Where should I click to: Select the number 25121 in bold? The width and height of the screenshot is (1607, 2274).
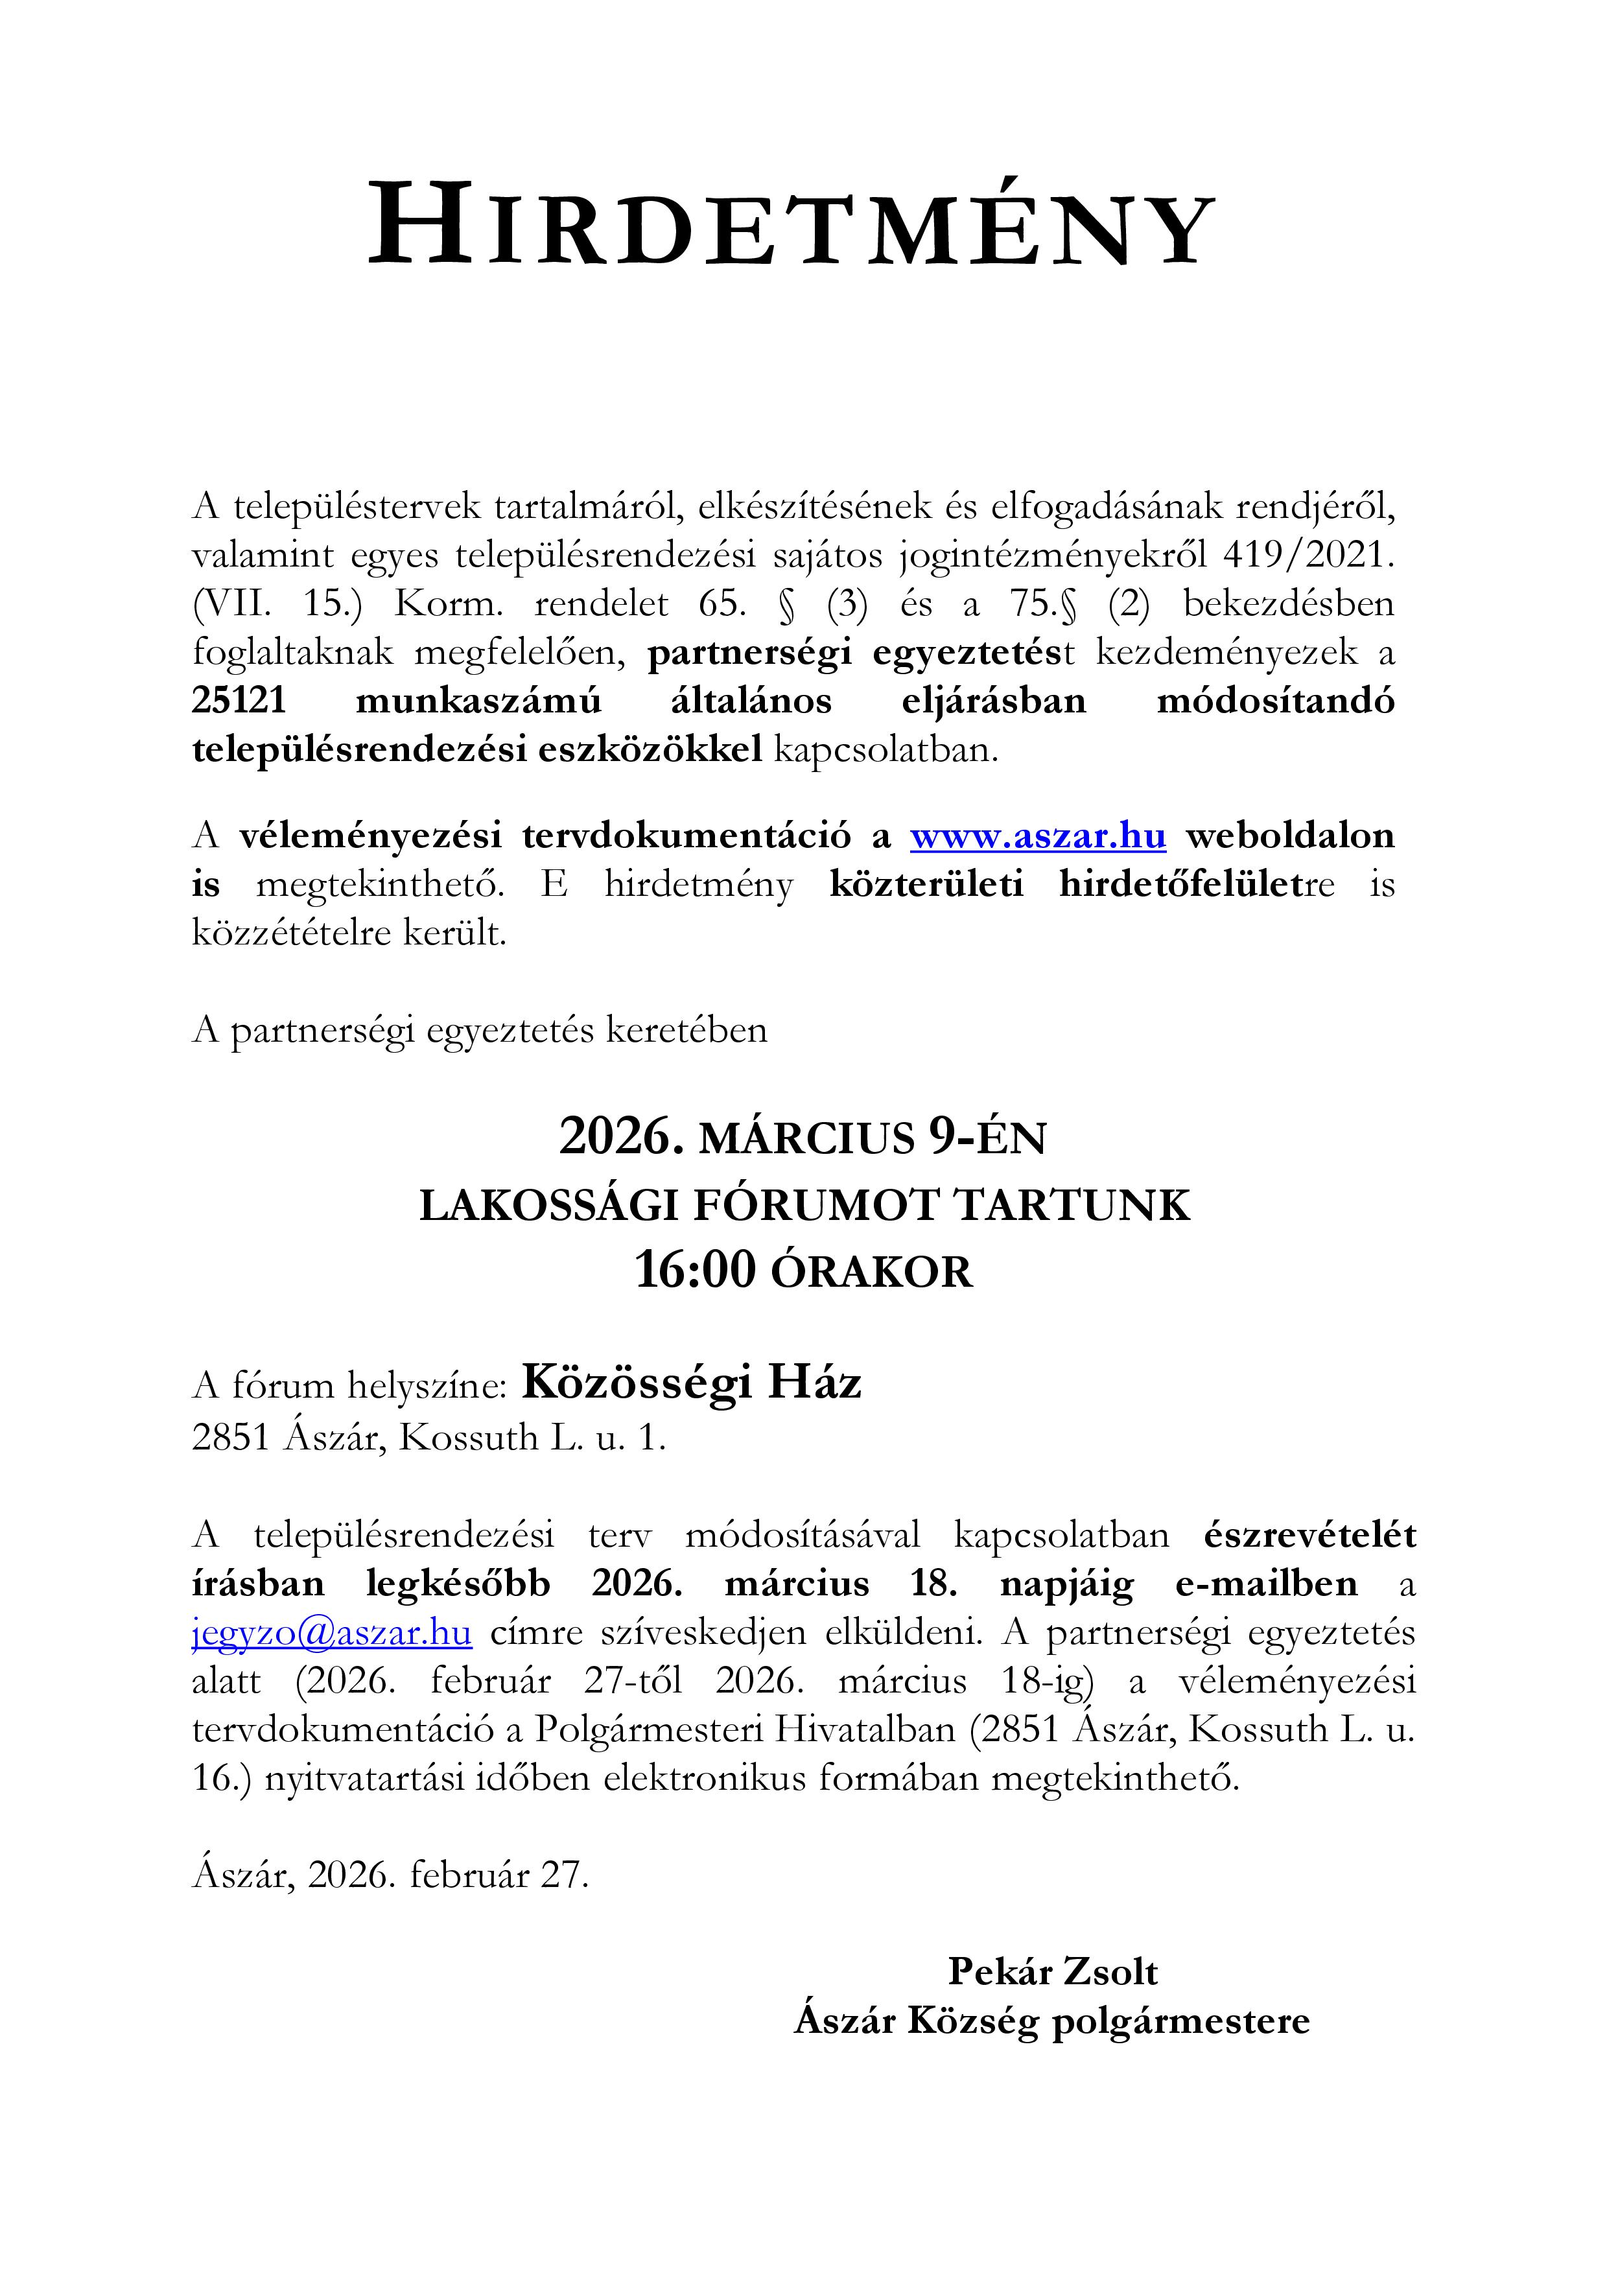(x=239, y=701)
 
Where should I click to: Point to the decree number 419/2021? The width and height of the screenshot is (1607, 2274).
(x=1307, y=555)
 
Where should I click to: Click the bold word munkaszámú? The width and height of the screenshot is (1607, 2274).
(x=478, y=701)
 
